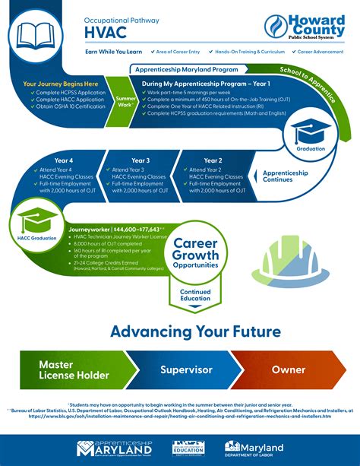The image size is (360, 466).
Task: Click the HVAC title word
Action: (103, 31)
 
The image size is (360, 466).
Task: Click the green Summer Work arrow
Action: (125, 102)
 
